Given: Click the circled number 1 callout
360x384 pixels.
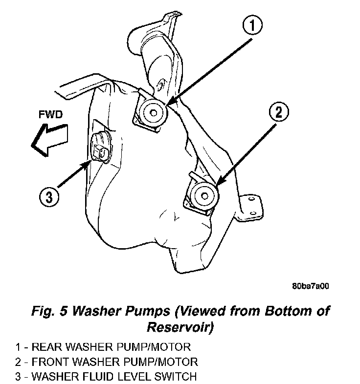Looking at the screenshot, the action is click(252, 25).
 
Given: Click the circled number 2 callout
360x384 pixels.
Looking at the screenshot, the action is click(279, 112).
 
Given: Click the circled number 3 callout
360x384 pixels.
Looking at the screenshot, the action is click(49, 197).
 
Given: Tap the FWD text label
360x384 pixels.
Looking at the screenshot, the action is click(51, 114).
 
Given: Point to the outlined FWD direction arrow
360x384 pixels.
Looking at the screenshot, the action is click(49, 140).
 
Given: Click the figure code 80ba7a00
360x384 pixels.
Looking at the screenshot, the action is click(310, 286).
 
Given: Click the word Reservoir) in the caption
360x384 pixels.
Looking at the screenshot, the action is click(180, 327).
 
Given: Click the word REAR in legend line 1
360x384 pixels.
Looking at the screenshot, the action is click(47, 347).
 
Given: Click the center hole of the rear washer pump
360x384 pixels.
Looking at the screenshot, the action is click(154, 113).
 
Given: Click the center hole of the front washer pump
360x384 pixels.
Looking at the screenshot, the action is click(204, 196).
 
